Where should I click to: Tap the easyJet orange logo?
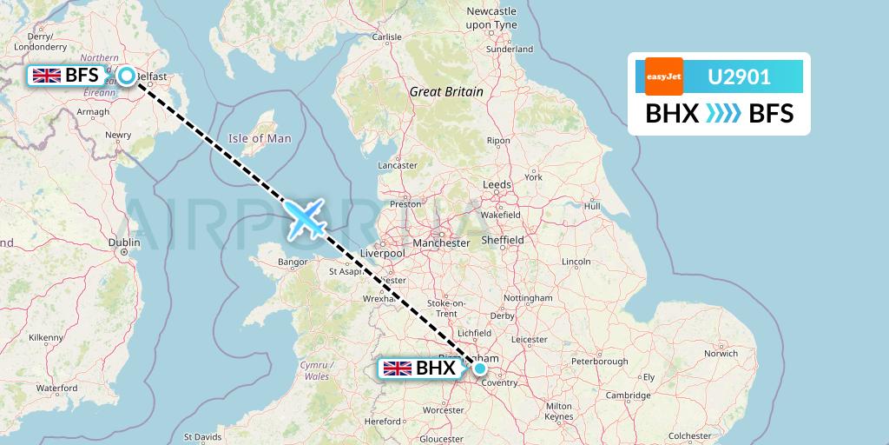tap(664, 76)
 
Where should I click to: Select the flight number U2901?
tap(740, 76)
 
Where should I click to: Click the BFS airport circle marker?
tap(127, 76)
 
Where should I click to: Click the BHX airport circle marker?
tap(479, 369)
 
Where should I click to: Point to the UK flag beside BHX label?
tap(398, 369)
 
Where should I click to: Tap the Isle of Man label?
tap(260, 138)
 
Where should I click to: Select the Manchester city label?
tap(442, 243)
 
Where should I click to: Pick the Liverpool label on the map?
tap(382, 253)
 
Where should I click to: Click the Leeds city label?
tap(497, 184)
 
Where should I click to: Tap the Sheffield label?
tap(503, 240)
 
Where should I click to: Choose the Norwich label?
tap(721, 354)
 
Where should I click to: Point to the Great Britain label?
tap(446, 91)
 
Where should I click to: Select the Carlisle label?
tap(386, 37)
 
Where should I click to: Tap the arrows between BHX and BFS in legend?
tap(723, 114)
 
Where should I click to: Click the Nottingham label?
tap(528, 297)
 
